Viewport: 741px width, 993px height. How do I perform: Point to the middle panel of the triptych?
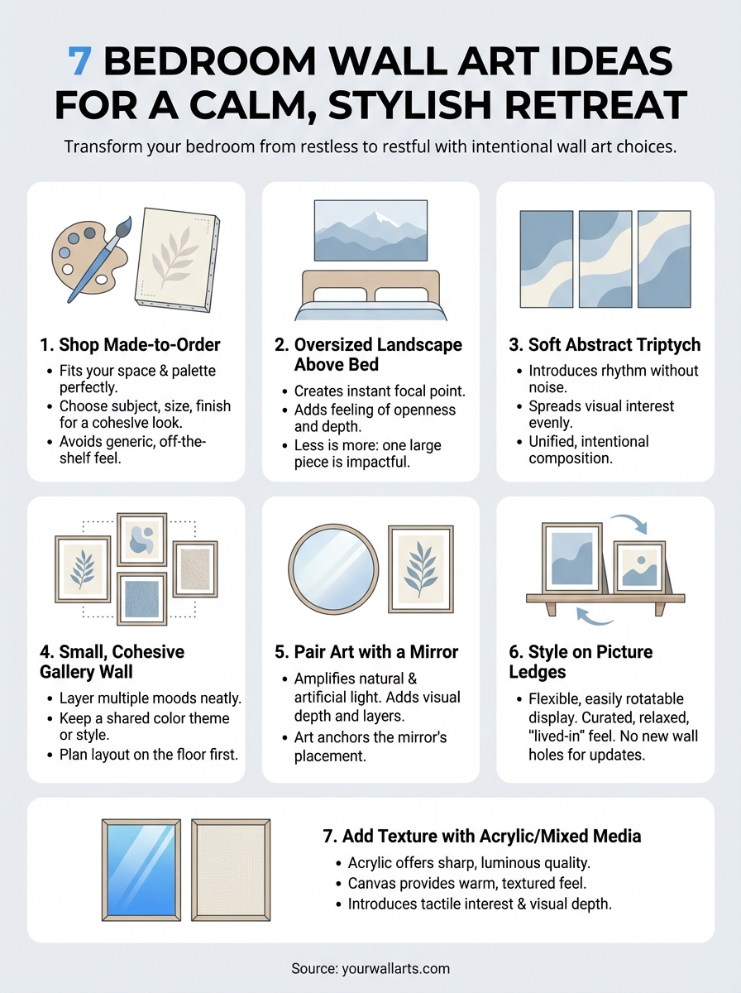(x=605, y=258)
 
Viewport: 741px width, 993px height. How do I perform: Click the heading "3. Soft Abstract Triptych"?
(x=603, y=343)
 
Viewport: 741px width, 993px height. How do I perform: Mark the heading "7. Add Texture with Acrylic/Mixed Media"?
(x=481, y=837)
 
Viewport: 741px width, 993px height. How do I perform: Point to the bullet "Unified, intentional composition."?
(x=589, y=449)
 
